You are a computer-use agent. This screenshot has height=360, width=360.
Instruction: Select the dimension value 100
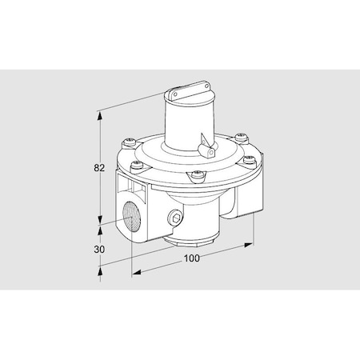pyautogui.click(x=190, y=258)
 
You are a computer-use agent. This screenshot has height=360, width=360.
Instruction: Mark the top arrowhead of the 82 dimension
pyautogui.click(x=100, y=115)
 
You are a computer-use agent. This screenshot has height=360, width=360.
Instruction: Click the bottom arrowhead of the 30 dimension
pyautogui.click(x=100, y=271)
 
